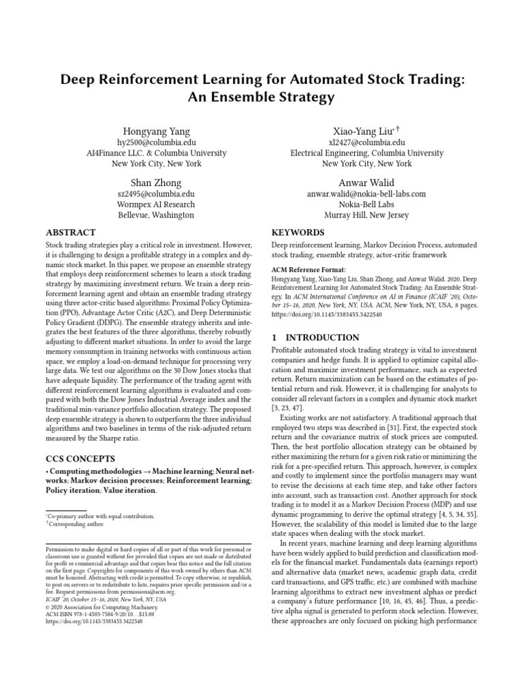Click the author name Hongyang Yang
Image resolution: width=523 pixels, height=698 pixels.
coord(157,131)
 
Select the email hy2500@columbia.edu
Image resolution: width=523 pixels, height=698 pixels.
coord(157,142)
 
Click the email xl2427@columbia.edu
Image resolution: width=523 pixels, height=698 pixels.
coord(366,142)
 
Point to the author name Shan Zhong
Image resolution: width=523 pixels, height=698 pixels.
coord(157,182)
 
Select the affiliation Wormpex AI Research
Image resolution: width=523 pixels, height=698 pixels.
coord(157,204)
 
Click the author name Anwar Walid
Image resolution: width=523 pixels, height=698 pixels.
coord(366,182)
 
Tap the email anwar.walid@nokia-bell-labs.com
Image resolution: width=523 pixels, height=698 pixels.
coord(366,194)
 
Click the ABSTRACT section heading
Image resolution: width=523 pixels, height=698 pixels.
coord(71,232)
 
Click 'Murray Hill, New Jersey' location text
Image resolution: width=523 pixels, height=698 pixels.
coord(366,215)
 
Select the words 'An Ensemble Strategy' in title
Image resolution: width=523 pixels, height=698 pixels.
coord(261,97)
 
